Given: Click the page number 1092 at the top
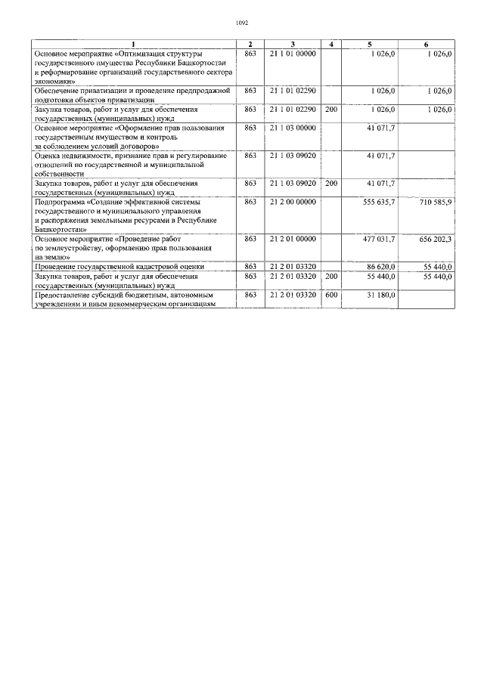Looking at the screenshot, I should pos(242,23).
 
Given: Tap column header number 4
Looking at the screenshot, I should pos(330,45).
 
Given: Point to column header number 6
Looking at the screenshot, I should pos(436,45).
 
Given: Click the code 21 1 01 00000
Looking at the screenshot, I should pos(292,54).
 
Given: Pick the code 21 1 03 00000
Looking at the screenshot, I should pos(292,128).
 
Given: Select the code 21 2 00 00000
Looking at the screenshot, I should pos(292,202).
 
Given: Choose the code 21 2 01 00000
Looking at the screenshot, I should pos(292,239).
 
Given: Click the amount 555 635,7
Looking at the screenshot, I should pos(379,202).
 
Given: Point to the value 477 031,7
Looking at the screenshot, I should pos(379,239).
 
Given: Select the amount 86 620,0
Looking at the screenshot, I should pos(380,267).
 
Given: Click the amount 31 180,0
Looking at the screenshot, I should pos(380,295).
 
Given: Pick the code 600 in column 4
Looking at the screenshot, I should pos(330,295).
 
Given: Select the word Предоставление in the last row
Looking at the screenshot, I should pos(66,295).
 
